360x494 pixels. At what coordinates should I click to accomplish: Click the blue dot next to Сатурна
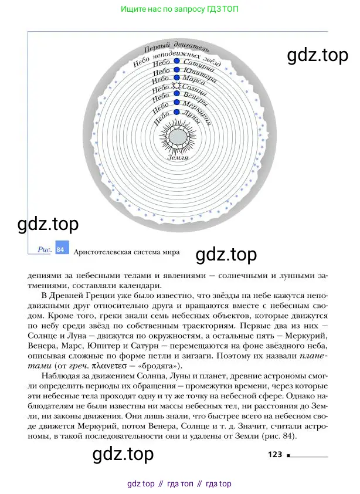point(176,62)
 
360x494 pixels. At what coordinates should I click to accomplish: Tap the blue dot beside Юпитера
point(176,70)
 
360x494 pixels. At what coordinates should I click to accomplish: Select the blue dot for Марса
point(176,77)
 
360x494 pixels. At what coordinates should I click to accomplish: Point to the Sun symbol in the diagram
point(175,86)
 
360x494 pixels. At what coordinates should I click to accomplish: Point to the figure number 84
point(60,249)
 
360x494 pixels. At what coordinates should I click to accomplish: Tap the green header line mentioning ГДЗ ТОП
point(179,9)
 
